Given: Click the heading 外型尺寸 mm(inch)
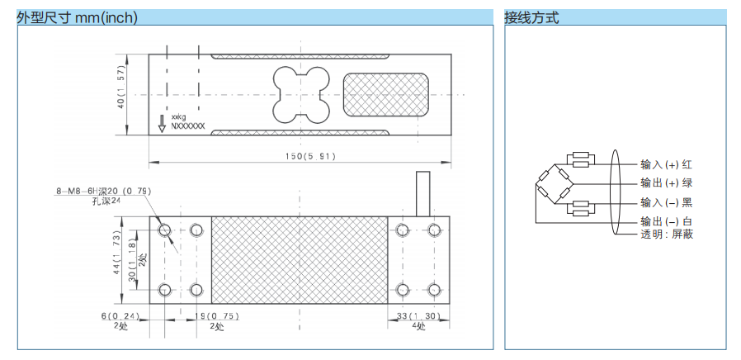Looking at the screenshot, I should (78, 17).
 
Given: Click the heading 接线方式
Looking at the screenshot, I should (531, 17).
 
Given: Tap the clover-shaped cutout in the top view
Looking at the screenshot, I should (300, 93).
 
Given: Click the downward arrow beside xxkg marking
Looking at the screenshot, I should (162, 124).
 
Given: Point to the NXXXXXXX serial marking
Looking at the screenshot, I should (187, 128).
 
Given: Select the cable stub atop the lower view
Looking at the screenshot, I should (424, 194).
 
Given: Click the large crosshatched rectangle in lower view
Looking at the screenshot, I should (300, 260).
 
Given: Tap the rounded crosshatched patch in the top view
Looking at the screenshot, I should (385, 94).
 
